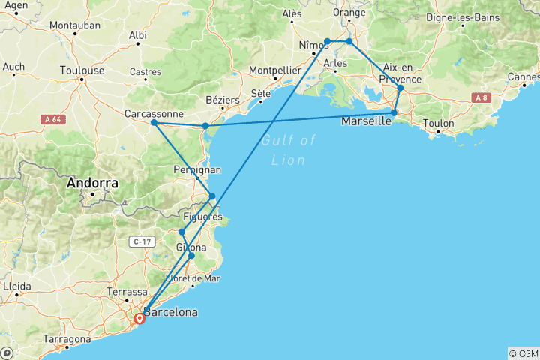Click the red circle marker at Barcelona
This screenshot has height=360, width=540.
139,318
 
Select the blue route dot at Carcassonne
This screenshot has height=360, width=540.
154,122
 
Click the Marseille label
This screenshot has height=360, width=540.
366,121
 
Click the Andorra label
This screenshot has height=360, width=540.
92,182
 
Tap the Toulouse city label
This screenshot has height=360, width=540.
82,70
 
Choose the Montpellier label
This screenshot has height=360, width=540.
275,70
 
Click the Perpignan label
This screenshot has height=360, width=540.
197,170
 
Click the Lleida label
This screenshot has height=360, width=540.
18,286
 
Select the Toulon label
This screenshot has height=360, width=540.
439,123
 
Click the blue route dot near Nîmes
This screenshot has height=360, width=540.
328,41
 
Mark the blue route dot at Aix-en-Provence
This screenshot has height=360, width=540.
400,88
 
